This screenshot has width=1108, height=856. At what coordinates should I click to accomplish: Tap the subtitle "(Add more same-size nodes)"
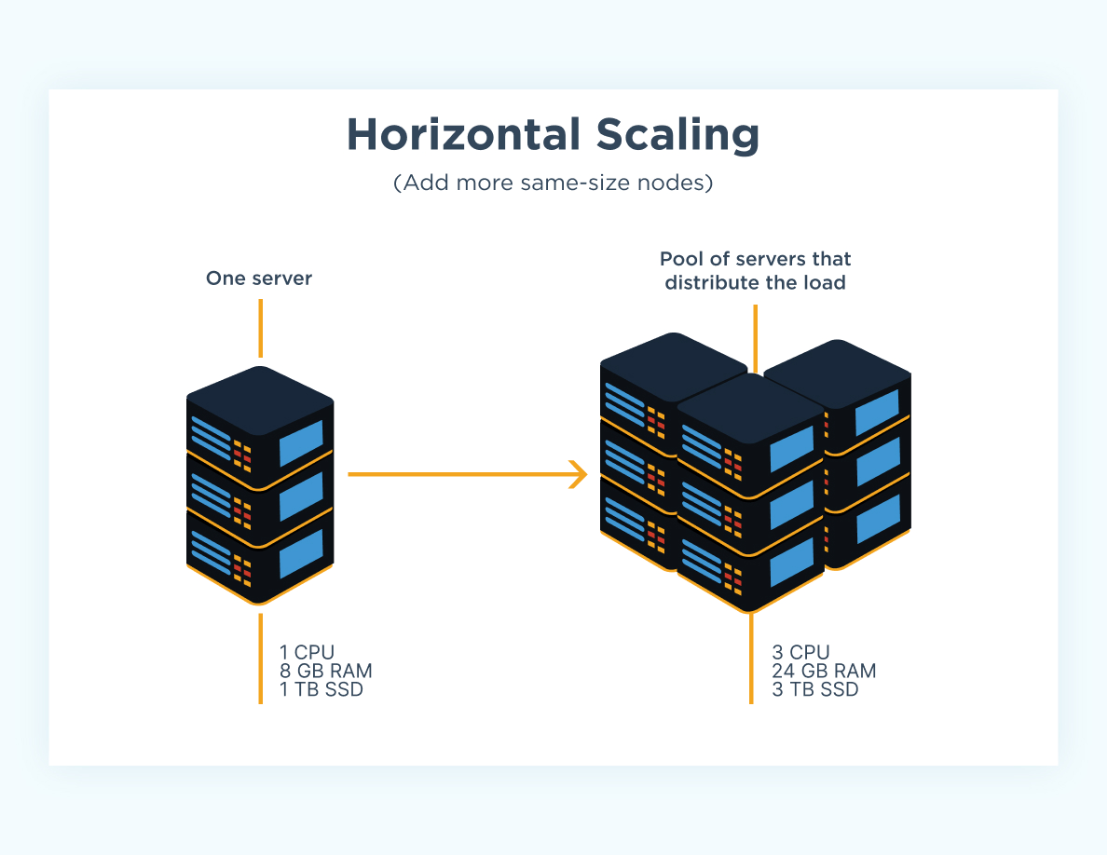click(553, 183)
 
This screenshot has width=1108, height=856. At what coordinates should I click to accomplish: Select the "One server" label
click(259, 278)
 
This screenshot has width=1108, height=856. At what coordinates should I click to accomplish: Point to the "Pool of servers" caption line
click(755, 259)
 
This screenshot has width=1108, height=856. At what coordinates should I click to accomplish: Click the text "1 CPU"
click(307, 653)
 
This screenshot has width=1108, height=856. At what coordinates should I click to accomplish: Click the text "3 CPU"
click(800, 653)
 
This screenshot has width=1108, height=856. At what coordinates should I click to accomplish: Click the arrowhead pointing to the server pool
click(579, 474)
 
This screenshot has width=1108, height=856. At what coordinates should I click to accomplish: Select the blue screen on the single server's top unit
click(300, 442)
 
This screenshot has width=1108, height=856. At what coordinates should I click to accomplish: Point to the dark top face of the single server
click(260, 399)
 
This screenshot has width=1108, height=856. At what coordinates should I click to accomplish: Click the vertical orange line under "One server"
click(260, 328)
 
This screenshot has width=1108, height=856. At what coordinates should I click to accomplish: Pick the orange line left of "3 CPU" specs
click(751, 658)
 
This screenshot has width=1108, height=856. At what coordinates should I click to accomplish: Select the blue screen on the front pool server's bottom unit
click(790, 562)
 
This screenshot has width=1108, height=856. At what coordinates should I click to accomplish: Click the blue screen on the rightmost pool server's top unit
click(876, 412)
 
